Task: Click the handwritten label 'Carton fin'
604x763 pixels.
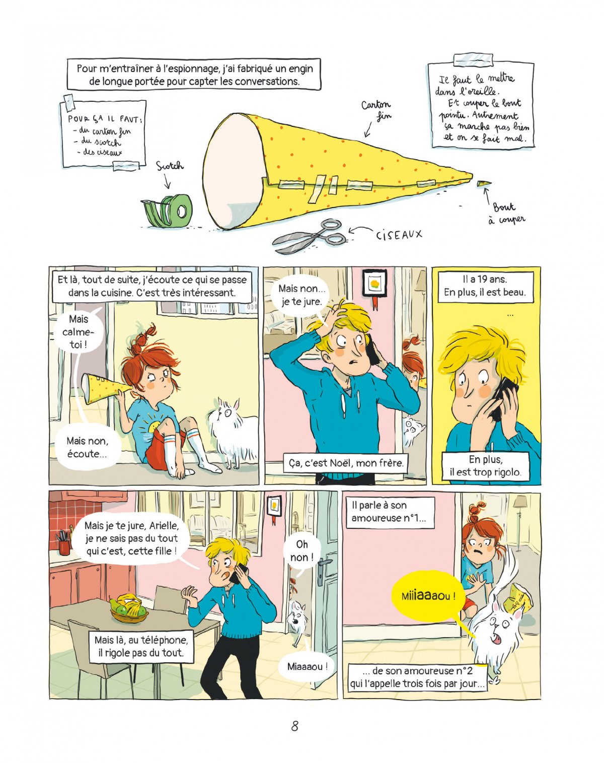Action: pyautogui.click(x=376, y=110)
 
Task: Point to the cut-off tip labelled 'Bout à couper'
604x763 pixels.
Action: pyautogui.click(x=484, y=184)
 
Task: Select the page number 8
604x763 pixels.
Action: pyautogui.click(x=294, y=726)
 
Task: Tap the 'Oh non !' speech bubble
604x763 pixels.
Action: pyautogui.click(x=301, y=551)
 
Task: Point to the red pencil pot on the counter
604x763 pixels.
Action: pyautogui.click(x=64, y=543)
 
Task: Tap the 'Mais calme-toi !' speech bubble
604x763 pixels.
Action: pyautogui.click(x=78, y=332)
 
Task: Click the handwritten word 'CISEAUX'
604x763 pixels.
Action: pyautogui.click(x=399, y=234)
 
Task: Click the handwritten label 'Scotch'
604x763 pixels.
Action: pyautogui.click(x=170, y=166)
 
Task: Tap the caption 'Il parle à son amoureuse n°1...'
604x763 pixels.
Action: pyautogui.click(x=390, y=512)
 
